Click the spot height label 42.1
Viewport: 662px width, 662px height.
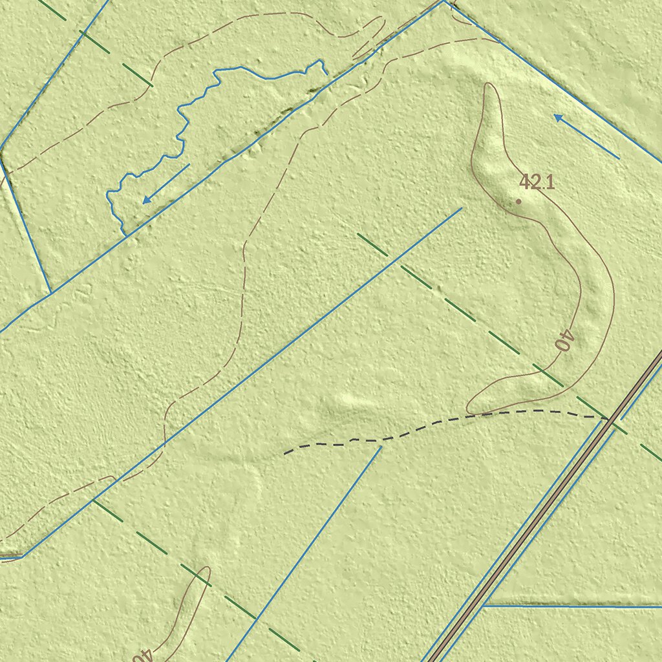click(x=537, y=182)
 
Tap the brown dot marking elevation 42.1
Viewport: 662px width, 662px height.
click(x=518, y=202)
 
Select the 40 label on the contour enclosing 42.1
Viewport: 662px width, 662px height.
click(x=564, y=340)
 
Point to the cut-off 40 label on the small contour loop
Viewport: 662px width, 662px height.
click(x=142, y=655)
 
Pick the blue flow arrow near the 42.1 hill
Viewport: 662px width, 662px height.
click(x=586, y=136)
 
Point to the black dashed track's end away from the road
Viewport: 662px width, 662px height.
click(x=285, y=453)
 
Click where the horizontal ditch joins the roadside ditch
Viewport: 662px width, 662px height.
click(x=484, y=606)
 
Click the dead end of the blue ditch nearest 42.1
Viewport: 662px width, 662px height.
click(x=462, y=208)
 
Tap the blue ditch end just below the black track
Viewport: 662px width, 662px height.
click(x=381, y=446)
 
